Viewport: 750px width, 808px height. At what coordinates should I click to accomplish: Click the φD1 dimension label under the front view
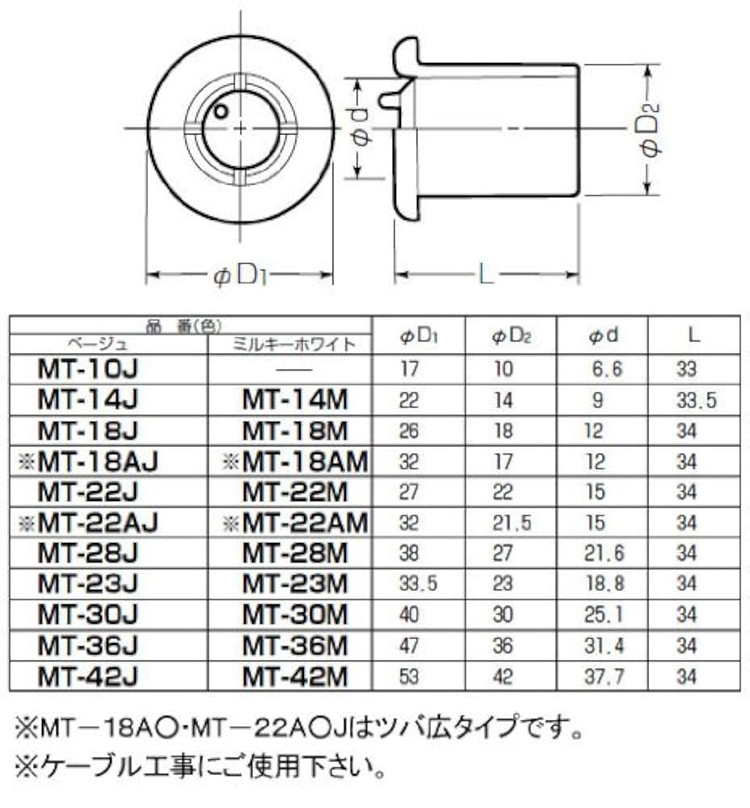click(x=240, y=276)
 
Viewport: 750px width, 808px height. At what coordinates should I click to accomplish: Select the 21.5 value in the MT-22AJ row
click(x=512, y=523)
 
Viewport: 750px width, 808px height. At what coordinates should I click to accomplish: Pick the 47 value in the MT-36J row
click(x=410, y=645)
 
